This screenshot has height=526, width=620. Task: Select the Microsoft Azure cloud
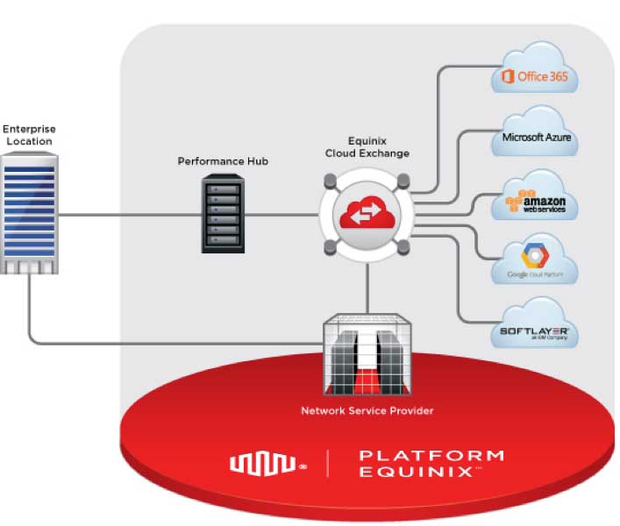pos(534,137)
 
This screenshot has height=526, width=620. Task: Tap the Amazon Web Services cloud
pos(534,201)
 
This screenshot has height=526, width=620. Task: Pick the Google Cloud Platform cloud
pos(534,260)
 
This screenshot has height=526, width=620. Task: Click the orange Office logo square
pos(507,77)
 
